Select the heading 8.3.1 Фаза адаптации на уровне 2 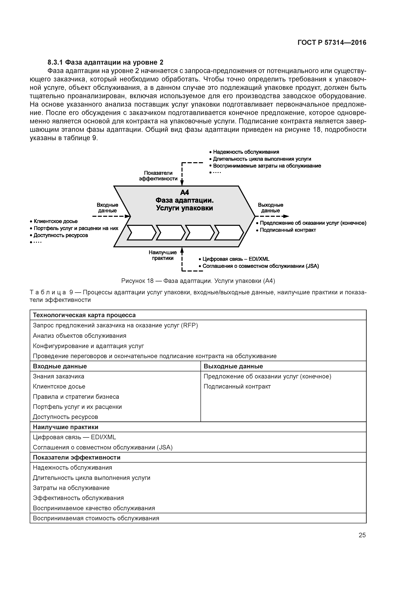coord(105,62)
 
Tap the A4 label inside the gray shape coord(184,192)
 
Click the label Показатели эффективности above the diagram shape coord(158,176)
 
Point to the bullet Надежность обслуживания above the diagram coord(246,152)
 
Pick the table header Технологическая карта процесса coord(84,315)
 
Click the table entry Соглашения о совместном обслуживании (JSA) coord(102,447)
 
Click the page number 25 coord(362,535)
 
